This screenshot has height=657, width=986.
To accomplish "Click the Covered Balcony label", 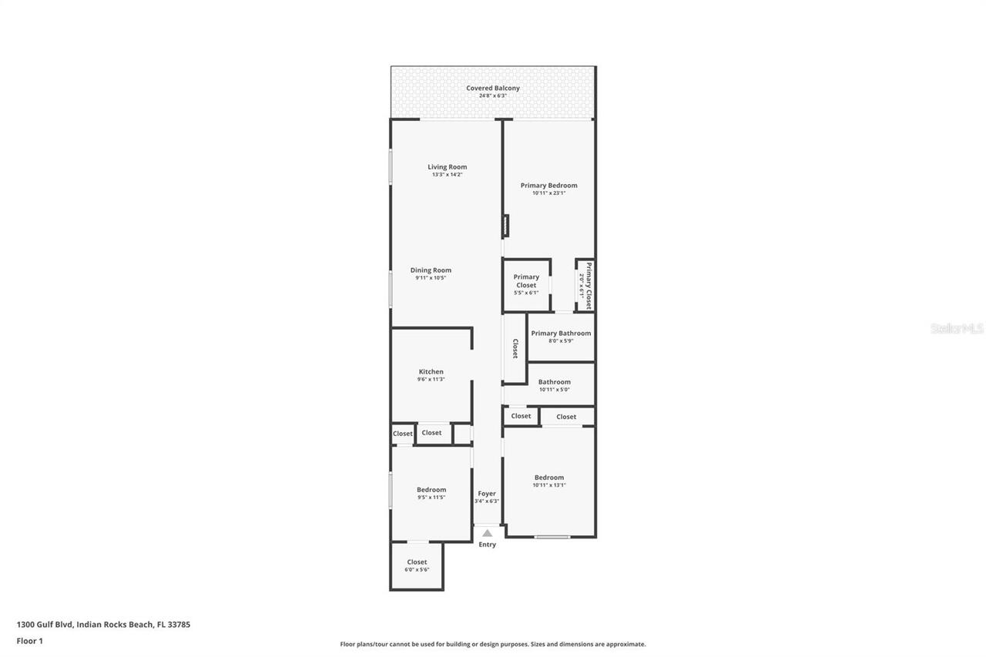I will pyautogui.click(x=493, y=89).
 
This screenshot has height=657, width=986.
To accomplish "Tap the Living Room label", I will pyautogui.click(x=447, y=167).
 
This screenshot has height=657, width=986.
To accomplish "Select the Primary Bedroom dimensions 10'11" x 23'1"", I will pyautogui.click(x=548, y=193).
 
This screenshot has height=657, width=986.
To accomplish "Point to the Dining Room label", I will pyautogui.click(x=431, y=270).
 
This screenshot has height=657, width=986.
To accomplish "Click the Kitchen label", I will pyautogui.click(x=431, y=372).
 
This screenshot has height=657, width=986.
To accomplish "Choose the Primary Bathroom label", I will pyautogui.click(x=561, y=334).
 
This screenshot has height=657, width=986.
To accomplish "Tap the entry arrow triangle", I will pyautogui.click(x=487, y=533).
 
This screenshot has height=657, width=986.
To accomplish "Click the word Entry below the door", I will pyautogui.click(x=487, y=545).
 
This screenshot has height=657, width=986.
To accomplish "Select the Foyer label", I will pyautogui.click(x=487, y=494).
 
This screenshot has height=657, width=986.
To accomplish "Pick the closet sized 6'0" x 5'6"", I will pyautogui.click(x=417, y=565).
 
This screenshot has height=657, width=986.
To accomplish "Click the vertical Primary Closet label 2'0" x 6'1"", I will pyautogui.click(x=587, y=286).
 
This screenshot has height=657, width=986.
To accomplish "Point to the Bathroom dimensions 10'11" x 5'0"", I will pyautogui.click(x=554, y=390).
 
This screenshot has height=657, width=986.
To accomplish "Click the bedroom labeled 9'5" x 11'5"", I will pyautogui.click(x=431, y=493).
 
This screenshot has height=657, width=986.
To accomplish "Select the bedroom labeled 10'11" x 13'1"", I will pyautogui.click(x=548, y=481).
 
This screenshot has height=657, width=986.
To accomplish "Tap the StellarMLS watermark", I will pyautogui.click(x=957, y=329).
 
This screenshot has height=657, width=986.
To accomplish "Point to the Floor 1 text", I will pyautogui.click(x=29, y=641).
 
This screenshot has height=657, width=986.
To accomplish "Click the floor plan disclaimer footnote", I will pyautogui.click(x=493, y=644).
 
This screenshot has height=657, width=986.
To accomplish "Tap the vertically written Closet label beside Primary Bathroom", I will pyautogui.click(x=515, y=349).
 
